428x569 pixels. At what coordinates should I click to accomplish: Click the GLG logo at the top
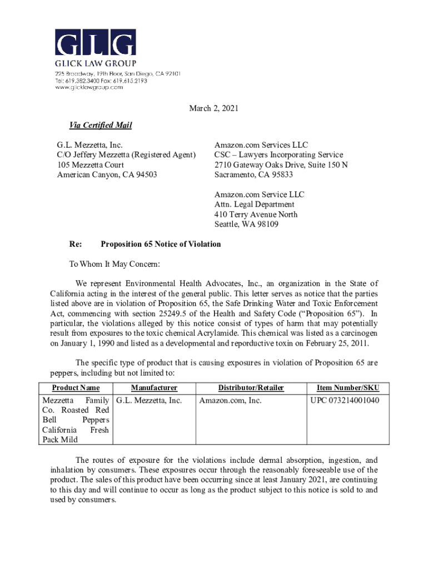(95, 42)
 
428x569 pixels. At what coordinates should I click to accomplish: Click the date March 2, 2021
(213, 108)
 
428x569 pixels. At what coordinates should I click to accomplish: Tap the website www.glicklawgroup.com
(88, 87)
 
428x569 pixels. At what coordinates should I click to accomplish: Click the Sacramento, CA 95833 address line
(254, 174)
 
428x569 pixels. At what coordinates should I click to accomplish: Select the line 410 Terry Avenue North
(256, 214)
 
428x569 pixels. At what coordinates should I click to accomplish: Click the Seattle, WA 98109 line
(246, 224)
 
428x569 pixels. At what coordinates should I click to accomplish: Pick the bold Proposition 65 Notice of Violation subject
(161, 244)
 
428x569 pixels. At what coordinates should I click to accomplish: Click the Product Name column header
(76, 388)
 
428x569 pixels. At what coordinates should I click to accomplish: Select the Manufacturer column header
(154, 388)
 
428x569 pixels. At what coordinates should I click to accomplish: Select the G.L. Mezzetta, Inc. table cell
(149, 400)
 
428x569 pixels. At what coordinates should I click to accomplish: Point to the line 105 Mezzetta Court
(91, 164)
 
